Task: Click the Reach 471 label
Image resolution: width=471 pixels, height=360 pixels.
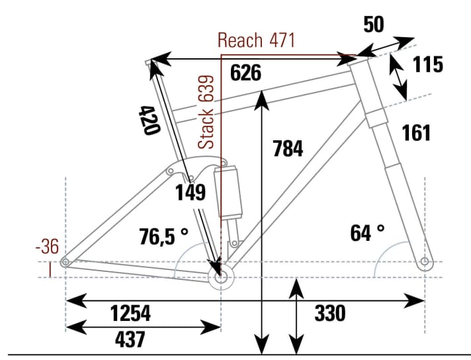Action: point(256,40)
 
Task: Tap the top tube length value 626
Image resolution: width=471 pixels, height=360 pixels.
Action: point(245,73)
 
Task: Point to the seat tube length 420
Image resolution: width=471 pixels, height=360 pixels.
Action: point(150,119)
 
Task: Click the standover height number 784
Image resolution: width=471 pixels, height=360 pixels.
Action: point(288,149)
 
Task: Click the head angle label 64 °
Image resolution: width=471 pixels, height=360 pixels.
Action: point(367,232)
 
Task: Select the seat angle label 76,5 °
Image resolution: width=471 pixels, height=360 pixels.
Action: point(164,236)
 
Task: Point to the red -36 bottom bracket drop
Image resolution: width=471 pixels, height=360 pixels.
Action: point(47,247)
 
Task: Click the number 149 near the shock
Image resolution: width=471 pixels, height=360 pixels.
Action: point(191,193)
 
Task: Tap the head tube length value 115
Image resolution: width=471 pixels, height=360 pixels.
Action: point(427,64)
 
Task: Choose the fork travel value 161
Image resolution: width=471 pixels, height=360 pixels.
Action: point(416,132)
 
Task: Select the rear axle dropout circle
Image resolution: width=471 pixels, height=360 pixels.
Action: point(65,263)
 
